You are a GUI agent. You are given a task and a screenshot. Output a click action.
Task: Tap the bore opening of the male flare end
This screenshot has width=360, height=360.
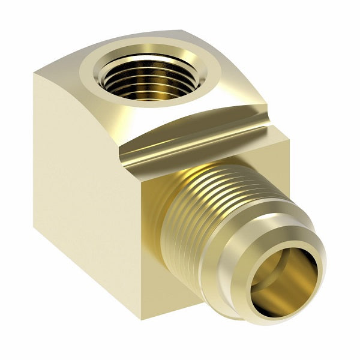[x=282, y=276]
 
